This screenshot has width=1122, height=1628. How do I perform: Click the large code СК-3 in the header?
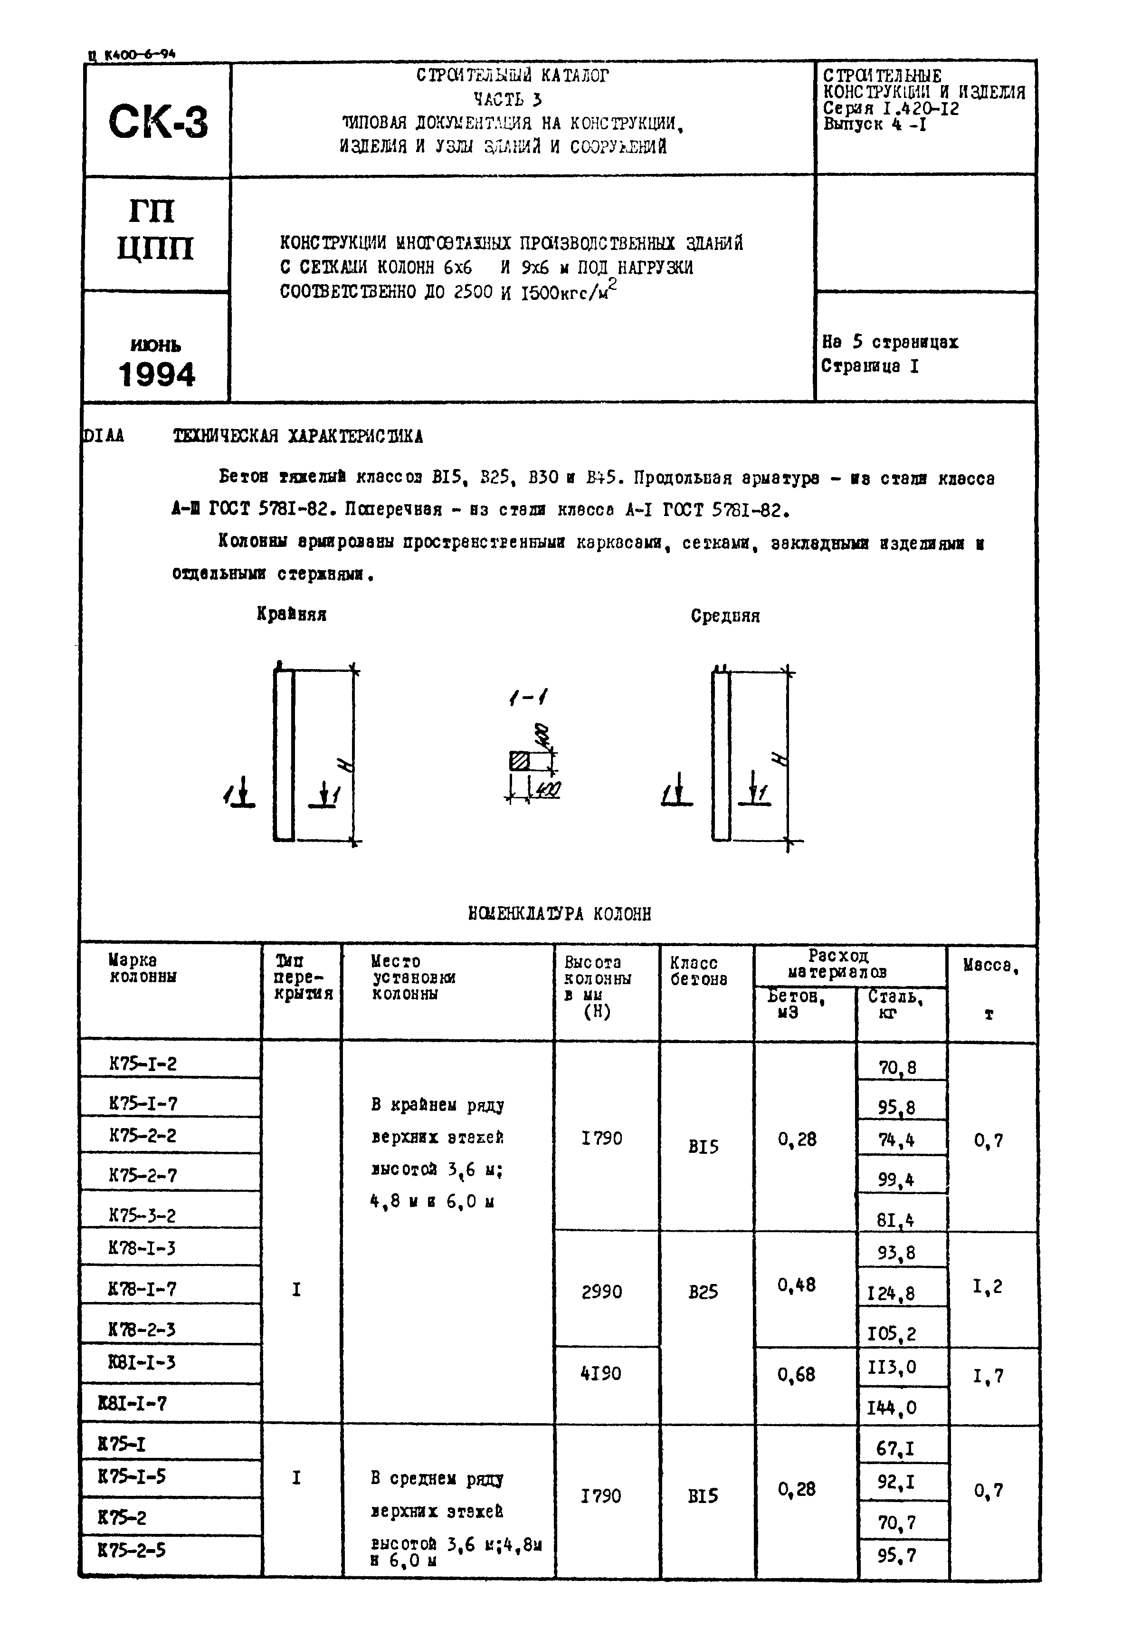[158, 122]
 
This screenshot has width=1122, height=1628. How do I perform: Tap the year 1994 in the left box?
[157, 375]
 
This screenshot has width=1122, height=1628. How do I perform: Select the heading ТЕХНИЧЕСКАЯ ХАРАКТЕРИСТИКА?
[298, 437]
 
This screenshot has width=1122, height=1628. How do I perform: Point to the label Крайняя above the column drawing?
[291, 614]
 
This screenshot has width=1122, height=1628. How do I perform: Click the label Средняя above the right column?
[725, 616]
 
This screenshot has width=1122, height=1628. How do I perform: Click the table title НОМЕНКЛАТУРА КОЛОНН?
[560, 913]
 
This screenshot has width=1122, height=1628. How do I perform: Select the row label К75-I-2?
[143, 1063]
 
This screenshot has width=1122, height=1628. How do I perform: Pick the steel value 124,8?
[891, 1293]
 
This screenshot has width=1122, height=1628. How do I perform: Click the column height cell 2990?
[602, 1291]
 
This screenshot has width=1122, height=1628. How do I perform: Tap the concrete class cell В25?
[703, 1291]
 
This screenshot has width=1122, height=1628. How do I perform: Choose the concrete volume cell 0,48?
[797, 1285]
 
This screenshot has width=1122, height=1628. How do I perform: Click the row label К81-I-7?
[133, 1404]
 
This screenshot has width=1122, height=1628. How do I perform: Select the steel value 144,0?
[892, 1407]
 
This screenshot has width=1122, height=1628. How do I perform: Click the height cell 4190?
[601, 1373]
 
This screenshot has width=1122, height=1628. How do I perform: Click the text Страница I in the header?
[870, 366]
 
